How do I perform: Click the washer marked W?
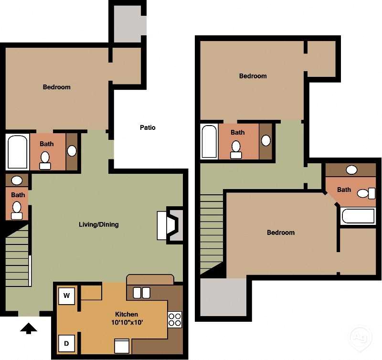point(67,296)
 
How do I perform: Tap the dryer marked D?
point(67,343)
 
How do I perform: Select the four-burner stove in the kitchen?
point(175,319)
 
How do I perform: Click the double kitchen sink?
point(141,292)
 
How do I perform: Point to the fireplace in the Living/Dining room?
point(170,225)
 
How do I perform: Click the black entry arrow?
point(29,328)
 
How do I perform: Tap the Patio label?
point(148,127)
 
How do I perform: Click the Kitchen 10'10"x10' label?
point(127,318)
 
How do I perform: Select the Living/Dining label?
point(99,224)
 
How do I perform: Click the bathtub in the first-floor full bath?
point(17,152)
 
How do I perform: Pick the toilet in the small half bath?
point(17,209)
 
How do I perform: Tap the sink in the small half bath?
point(17,180)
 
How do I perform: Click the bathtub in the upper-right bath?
point(359,216)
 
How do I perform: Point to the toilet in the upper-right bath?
point(364,193)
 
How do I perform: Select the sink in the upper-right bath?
point(351,169)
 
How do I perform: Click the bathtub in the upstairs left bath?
point(209,142)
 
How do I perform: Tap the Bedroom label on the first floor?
point(56,87)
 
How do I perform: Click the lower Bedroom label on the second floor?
point(280,233)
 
